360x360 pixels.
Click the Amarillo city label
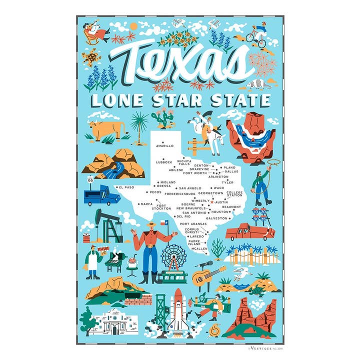tap(164, 146)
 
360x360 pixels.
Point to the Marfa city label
tap(146, 204)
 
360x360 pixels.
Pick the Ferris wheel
tap(172, 255)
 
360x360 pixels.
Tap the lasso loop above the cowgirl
tap(275, 163)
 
